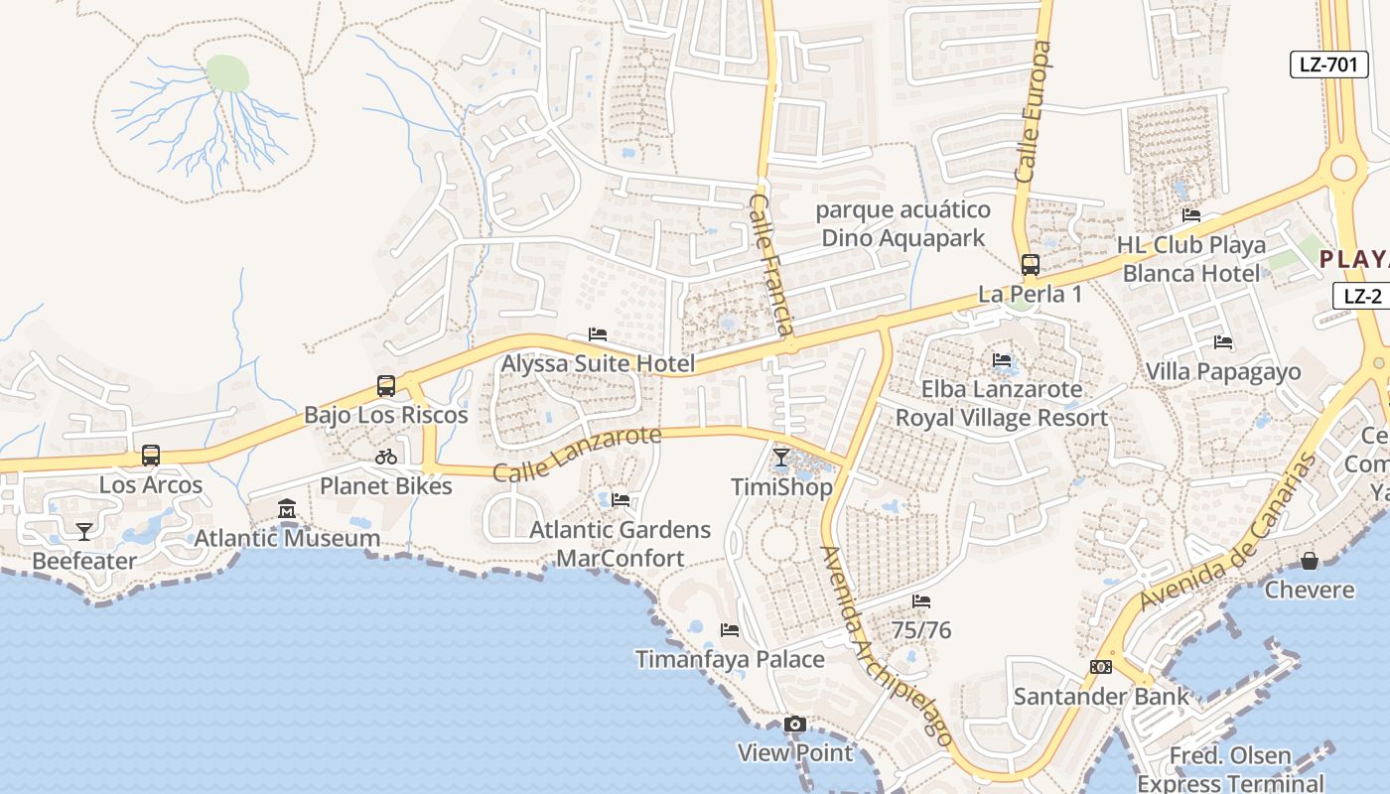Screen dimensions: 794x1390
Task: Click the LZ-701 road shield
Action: [x=1328, y=65]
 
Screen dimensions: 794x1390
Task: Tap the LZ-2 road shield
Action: [x=1362, y=295]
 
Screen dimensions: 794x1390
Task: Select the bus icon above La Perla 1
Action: [x=1031, y=265]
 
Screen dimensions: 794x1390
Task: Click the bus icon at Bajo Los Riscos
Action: [x=386, y=386]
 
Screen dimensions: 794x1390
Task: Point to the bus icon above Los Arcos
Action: [x=151, y=456]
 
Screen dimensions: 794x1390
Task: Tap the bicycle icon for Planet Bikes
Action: [x=386, y=457]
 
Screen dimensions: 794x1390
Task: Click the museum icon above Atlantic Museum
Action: [x=287, y=509]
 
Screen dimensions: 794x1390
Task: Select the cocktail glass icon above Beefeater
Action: [x=84, y=532]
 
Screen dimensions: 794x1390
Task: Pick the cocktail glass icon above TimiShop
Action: [x=781, y=458]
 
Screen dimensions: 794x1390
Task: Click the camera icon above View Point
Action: [x=794, y=724]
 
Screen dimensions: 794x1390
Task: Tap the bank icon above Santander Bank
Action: [x=1100, y=667]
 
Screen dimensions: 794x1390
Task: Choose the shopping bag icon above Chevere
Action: [x=1310, y=561]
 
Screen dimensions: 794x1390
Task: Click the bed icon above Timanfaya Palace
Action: [x=730, y=630]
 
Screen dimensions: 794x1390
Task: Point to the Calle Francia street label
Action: [x=771, y=263]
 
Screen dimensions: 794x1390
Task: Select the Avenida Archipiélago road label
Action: [x=887, y=645]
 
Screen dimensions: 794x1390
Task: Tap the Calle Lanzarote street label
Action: [x=577, y=454]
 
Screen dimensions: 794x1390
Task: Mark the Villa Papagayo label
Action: [x=1222, y=372]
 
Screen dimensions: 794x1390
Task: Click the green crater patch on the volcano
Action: [x=227, y=73]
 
